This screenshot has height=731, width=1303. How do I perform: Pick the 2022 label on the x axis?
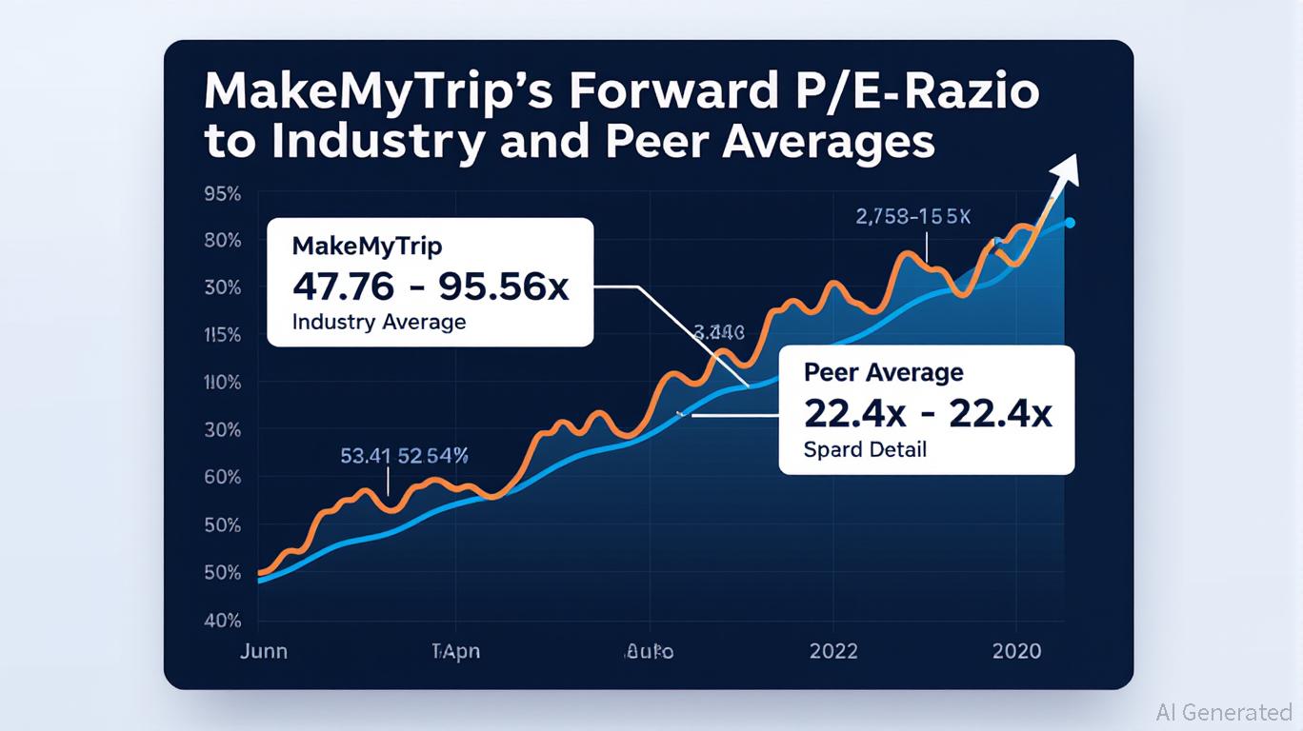[x=833, y=652]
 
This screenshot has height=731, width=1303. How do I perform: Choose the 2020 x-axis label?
[x=1016, y=652]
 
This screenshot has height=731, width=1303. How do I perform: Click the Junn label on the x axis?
[x=264, y=652]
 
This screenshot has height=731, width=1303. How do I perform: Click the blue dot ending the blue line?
[x=1070, y=223]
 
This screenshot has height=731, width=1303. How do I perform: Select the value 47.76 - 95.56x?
[x=431, y=285]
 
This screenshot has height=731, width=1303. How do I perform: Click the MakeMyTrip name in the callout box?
[x=368, y=246]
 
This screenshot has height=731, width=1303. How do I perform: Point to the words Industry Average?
[x=379, y=322]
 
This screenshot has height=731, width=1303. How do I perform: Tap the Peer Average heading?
[x=883, y=372]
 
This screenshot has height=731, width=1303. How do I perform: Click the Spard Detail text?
[x=865, y=449]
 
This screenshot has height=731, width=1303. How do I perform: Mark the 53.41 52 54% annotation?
[x=404, y=456]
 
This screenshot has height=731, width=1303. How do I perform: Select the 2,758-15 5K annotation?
[x=912, y=217]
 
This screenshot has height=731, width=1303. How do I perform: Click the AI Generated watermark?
[x=1223, y=712]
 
